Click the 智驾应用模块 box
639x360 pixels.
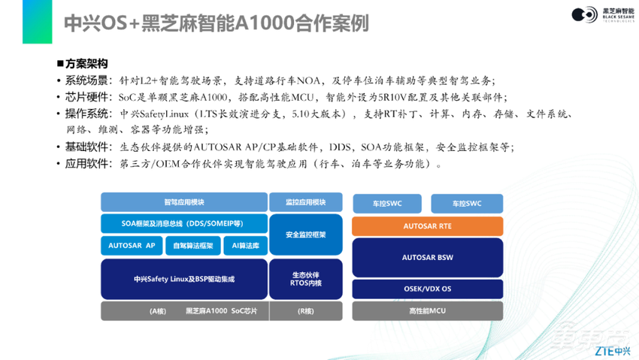click(184, 202)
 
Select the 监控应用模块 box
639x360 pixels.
click(305, 202)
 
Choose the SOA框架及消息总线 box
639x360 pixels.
click(184, 223)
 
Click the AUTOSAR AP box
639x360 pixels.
click(132, 246)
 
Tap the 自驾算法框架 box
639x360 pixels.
click(192, 246)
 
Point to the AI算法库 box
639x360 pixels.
click(245, 246)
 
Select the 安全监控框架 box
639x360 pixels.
click(305, 234)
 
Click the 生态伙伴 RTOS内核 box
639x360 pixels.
click(305, 279)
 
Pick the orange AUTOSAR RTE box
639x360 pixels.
click(427, 225)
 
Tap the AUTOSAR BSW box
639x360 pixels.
click(427, 258)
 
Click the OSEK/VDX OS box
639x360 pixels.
click(427, 289)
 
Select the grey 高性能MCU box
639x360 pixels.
click(427, 310)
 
